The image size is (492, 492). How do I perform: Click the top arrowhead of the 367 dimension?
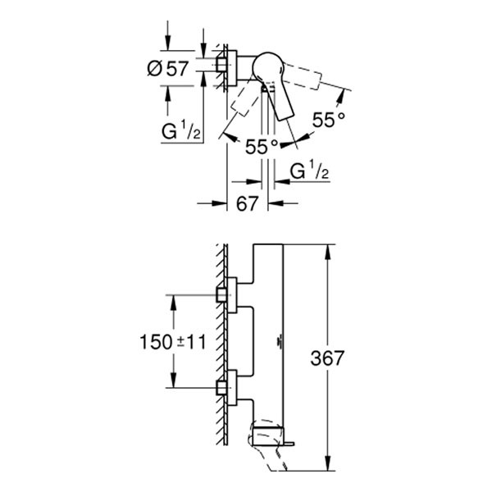[328, 247]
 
